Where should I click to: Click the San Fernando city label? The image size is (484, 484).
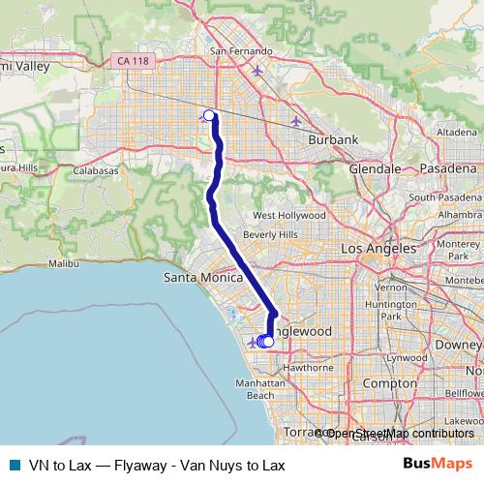point(237,51)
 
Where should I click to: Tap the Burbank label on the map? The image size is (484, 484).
point(333,139)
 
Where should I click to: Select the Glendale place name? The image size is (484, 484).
point(375,168)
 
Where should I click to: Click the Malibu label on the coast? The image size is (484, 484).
point(63,262)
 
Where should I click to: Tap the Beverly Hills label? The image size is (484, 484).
point(270,234)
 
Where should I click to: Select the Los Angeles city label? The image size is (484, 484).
point(378,249)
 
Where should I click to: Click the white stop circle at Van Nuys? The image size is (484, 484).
point(209,115)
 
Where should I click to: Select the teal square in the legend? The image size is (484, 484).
point(14,465)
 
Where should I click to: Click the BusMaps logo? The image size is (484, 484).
point(438,465)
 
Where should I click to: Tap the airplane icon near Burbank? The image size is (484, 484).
point(295,121)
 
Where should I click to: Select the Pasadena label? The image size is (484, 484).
point(449,168)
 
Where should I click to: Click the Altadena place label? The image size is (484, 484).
point(457,132)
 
